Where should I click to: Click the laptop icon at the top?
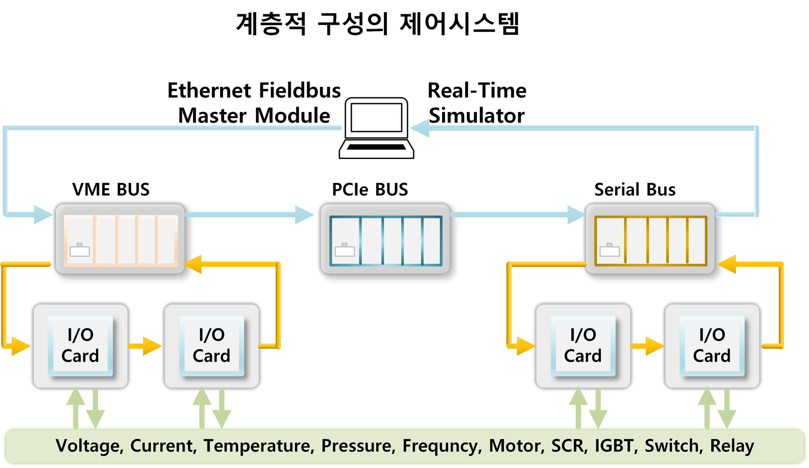[377, 128]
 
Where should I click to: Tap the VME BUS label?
[111, 190]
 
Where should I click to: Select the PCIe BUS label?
[370, 190]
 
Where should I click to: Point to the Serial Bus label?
[635, 190]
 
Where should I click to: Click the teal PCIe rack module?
[385, 239]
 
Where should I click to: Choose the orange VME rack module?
[121, 239]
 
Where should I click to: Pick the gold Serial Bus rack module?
[650, 239]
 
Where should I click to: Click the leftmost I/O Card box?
[80, 346]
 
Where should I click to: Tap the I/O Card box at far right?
[712, 346]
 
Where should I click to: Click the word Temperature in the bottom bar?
[259, 446]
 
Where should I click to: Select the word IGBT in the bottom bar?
[616, 446]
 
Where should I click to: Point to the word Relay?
[732, 446]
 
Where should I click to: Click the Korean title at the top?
[378, 24]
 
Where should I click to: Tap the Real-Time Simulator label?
[477, 103]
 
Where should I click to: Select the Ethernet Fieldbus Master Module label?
[254, 103]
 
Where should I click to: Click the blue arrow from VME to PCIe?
[249, 215]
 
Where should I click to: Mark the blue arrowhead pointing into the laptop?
[420, 128]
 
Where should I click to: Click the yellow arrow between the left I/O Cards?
[145, 346]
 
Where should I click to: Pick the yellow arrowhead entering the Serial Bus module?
[726, 264]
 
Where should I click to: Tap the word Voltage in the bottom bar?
[90, 446]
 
